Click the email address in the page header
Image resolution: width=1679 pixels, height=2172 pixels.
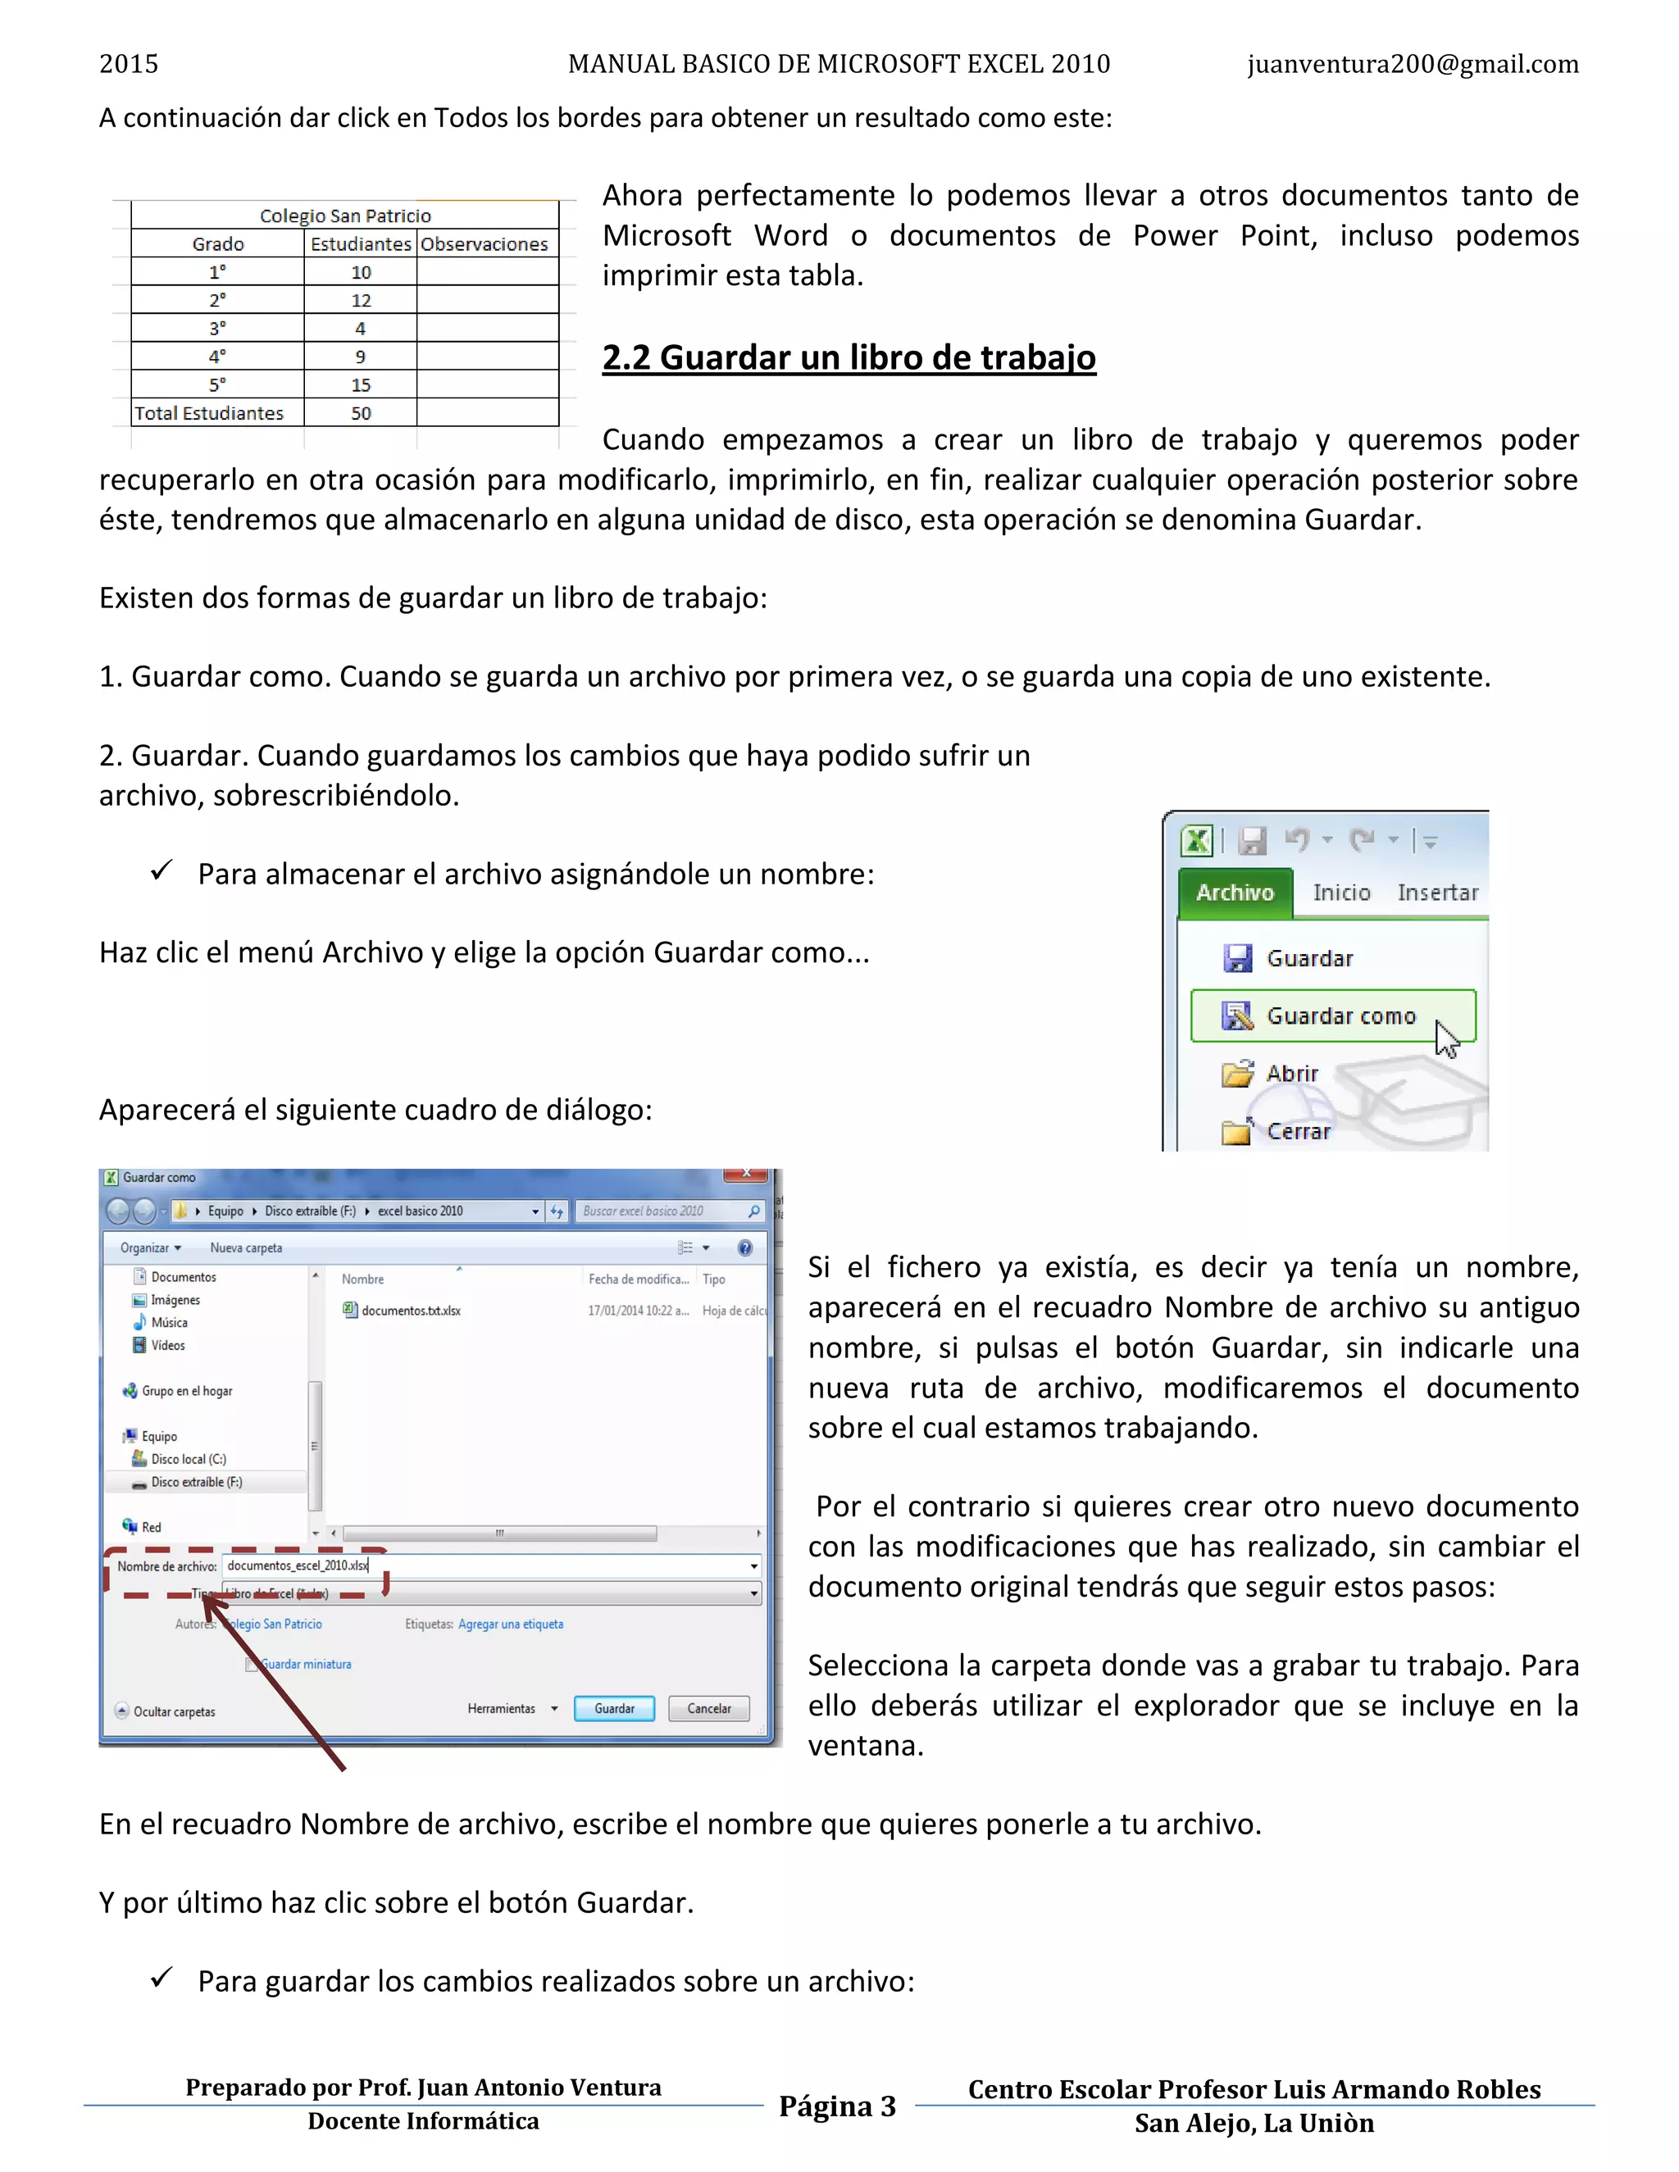[1413, 65]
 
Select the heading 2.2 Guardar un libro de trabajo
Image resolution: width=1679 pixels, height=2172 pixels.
[849, 357]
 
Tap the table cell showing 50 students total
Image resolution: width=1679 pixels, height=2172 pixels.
[360, 413]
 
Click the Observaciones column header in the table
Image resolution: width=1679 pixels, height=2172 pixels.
[484, 243]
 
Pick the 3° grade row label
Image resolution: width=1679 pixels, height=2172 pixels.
[216, 328]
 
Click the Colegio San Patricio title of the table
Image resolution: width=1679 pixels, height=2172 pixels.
[345, 216]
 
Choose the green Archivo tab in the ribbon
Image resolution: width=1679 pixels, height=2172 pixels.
[1235, 892]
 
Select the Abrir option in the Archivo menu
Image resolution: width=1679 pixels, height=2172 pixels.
[1291, 1073]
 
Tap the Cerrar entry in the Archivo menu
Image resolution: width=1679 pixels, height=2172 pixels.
[1297, 1131]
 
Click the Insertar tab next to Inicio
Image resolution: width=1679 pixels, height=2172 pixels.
[1437, 892]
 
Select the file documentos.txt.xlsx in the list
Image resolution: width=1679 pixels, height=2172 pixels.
[410, 1311]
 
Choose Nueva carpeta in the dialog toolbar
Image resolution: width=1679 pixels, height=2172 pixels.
[246, 1248]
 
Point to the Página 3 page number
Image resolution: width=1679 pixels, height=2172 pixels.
[838, 2106]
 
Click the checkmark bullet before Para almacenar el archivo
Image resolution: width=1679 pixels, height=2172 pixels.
[162, 871]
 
